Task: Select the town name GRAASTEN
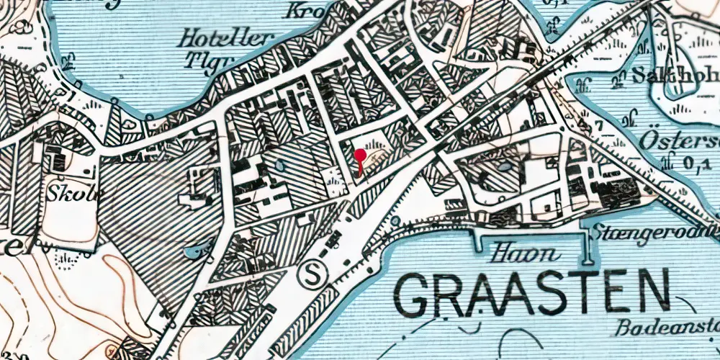pyautogui.click(x=533, y=293)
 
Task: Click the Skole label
pyautogui.click(x=68, y=194)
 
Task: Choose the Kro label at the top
pyautogui.click(x=303, y=10)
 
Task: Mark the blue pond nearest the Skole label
pyautogui.click(x=193, y=251)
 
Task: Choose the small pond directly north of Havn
pyautogui.click(x=505, y=167)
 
